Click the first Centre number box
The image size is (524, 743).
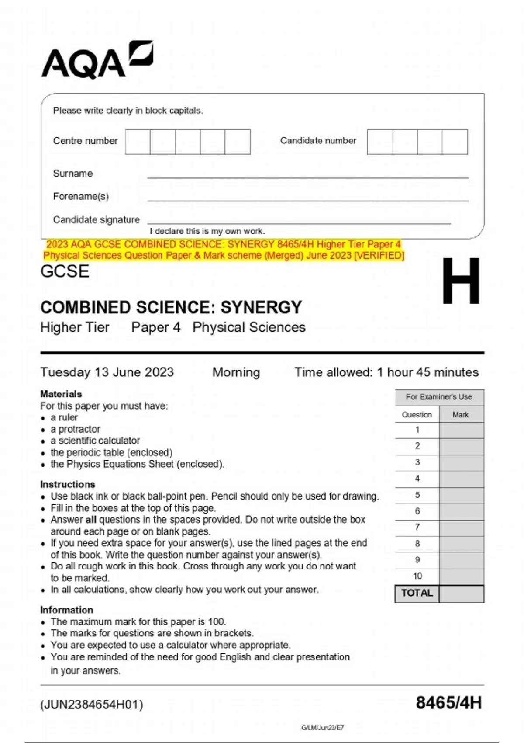coord(138,142)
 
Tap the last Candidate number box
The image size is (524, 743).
coord(455,142)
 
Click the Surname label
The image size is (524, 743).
coord(72,174)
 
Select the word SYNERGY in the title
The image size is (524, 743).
coord(261,308)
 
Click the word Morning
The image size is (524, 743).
coord(236,372)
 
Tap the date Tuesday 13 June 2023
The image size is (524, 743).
coord(107,372)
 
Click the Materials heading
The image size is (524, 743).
coord(61,394)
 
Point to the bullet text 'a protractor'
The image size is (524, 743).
coord(75,429)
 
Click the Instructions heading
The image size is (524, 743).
coord(67,484)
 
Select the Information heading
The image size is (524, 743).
coord(66,610)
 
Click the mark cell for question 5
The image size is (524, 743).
coord(461,495)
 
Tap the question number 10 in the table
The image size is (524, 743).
coord(417,576)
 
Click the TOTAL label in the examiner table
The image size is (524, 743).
coord(417,593)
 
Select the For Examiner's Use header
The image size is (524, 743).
coord(438,397)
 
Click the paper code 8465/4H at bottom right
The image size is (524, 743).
coord(448,703)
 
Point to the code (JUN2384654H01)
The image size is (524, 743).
coord(92,705)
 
